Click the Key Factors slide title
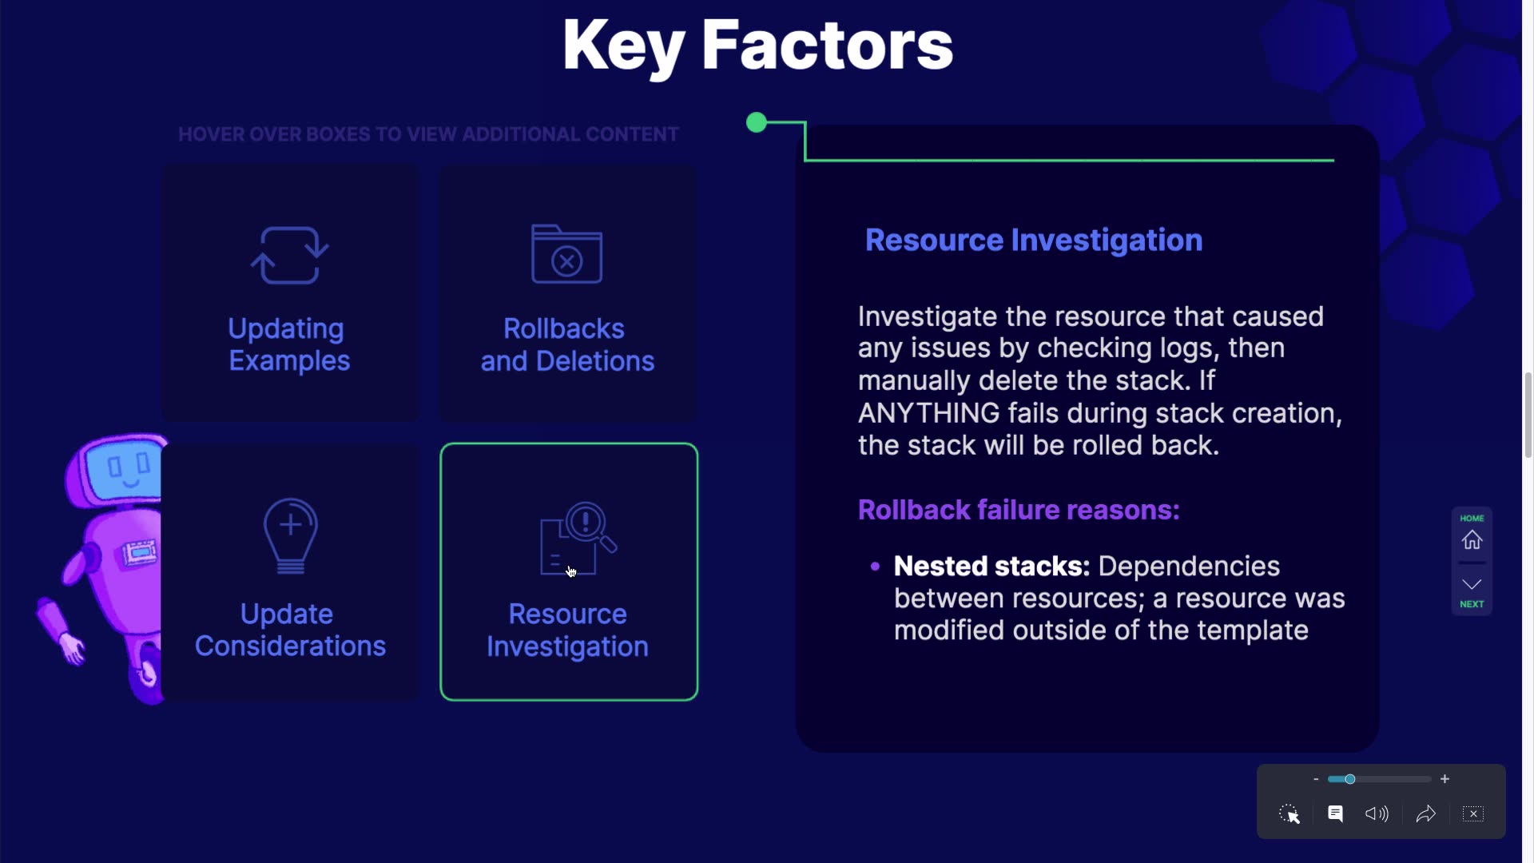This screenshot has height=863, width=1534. (757, 46)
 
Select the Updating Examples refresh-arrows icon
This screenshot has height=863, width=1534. (289, 255)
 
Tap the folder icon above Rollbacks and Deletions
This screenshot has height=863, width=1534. (566, 253)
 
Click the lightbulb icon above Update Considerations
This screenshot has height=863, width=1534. (291, 536)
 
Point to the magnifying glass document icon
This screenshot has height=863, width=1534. (578, 538)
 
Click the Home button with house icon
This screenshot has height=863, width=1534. (1472, 533)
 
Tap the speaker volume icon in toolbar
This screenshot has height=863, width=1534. (1377, 813)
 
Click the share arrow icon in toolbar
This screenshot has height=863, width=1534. (1426, 813)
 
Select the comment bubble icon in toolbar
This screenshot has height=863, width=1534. (1335, 813)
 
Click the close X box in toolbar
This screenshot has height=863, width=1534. (1473, 813)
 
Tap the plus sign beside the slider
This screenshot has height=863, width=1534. (1445, 779)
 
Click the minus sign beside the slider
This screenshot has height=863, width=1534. (1316, 779)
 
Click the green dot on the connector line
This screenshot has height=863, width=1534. (756, 122)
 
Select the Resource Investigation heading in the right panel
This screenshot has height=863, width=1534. (1034, 241)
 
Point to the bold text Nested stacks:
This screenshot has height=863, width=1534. (992, 566)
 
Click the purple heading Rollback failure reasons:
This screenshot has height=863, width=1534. (1019, 510)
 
